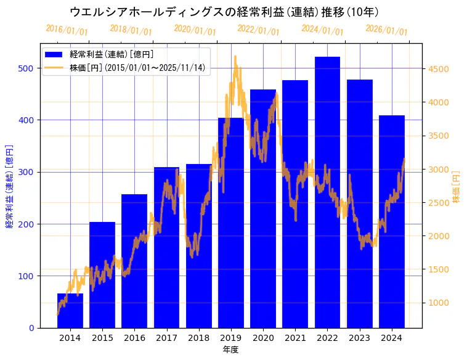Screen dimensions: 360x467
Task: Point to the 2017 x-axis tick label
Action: pyautogui.click(x=166, y=338)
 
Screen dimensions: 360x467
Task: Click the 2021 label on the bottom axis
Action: pyautogui.click(x=295, y=338)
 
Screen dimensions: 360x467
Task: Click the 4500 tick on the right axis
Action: pyautogui.click(x=440, y=69)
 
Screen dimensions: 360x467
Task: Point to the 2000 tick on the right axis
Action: pyautogui.click(x=440, y=236)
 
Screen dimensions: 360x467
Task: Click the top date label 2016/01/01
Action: pyautogui.click(x=67, y=30)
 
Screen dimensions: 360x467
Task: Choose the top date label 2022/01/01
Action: pyautogui.click(x=258, y=30)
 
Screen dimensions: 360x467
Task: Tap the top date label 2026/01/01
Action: pyautogui.click(x=386, y=30)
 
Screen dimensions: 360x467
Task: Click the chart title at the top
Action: pyautogui.click(x=224, y=12)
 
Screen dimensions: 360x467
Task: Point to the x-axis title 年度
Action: pyautogui.click(x=231, y=350)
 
